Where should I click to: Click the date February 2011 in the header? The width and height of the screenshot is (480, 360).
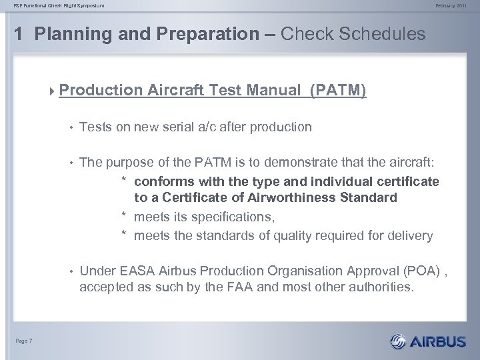[x=457, y=7]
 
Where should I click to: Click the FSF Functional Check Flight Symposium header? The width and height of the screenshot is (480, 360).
[x=51, y=7]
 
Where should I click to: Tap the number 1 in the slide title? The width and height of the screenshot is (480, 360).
[x=18, y=34]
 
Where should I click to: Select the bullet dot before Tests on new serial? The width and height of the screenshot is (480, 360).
[x=69, y=126]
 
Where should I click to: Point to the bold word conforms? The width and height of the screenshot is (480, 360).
[x=160, y=181]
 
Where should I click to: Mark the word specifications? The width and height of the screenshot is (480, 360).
[x=231, y=217]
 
